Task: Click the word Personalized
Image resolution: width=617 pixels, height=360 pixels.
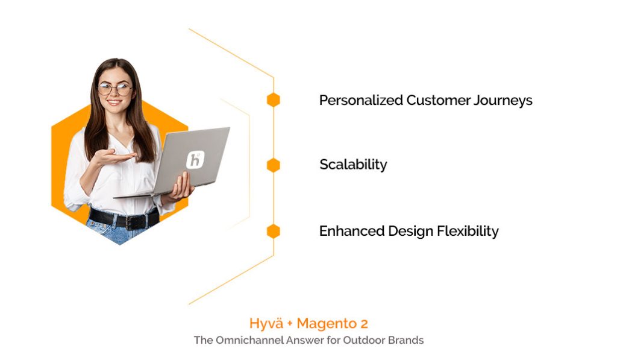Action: pos(360,100)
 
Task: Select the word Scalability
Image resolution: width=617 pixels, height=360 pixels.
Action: pos(353,165)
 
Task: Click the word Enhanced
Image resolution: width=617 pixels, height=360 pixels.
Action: pos(351,231)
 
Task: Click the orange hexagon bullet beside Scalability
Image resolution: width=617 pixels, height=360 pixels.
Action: pos(274,165)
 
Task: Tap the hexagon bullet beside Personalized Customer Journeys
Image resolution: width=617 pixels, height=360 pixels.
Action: pos(274,100)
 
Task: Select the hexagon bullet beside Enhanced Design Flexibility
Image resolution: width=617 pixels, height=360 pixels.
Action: pos(274,231)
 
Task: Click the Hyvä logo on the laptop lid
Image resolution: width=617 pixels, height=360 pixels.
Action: pos(195,160)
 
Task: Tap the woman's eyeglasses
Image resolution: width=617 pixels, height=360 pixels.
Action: pos(115,89)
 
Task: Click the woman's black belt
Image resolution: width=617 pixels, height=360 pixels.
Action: pos(124,219)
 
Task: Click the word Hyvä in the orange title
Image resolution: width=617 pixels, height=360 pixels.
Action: pos(267,323)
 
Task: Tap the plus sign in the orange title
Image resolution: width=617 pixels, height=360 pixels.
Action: pos(290,324)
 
